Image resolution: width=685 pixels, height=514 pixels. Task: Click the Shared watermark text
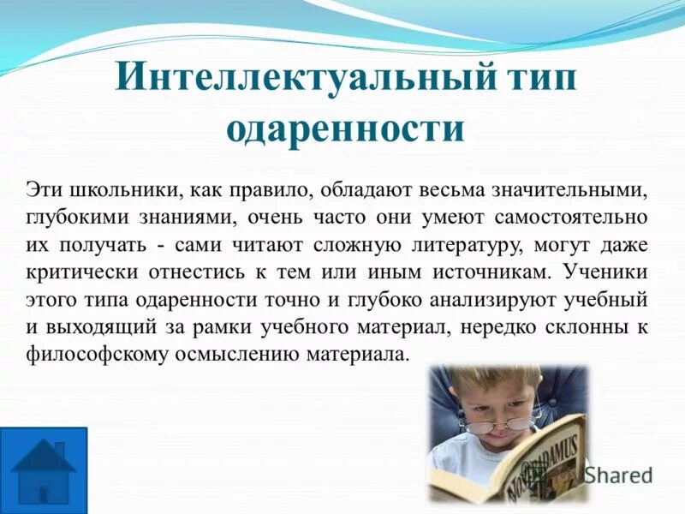[x=618, y=475]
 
